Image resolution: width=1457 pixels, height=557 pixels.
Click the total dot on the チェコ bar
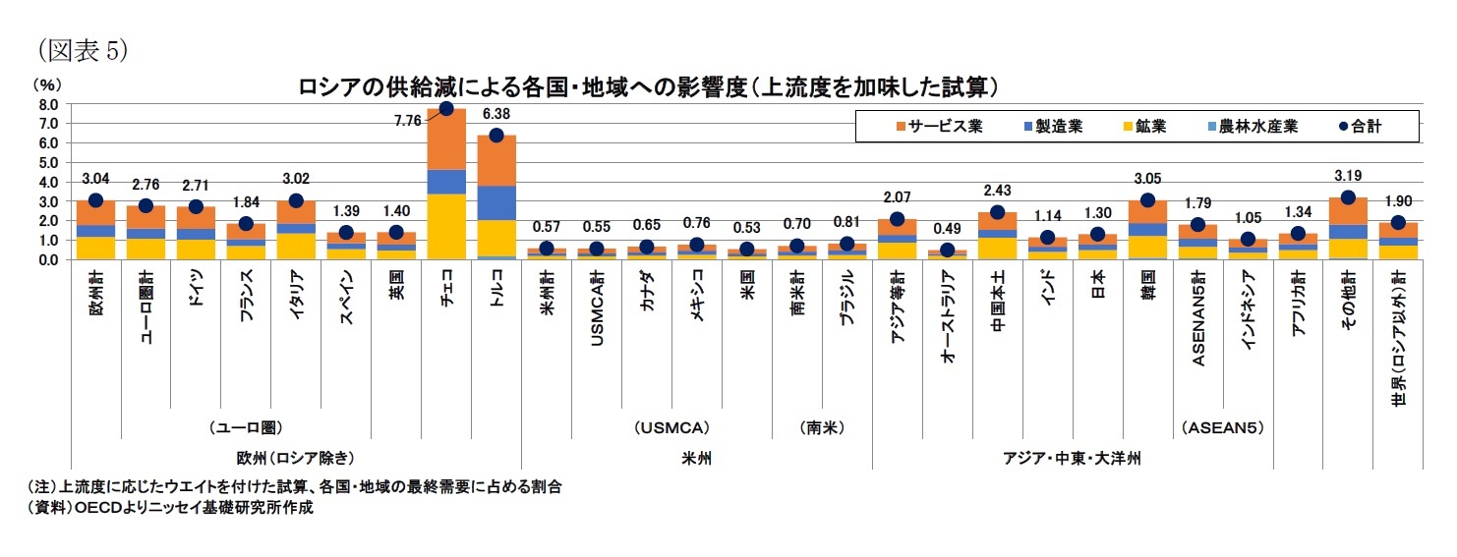[446, 108]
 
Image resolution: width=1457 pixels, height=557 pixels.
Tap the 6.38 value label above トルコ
[496, 114]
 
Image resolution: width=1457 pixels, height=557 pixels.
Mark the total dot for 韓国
[1147, 200]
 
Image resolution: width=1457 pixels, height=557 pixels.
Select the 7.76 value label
[407, 121]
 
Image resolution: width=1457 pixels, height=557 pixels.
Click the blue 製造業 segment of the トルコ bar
[496, 202]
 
